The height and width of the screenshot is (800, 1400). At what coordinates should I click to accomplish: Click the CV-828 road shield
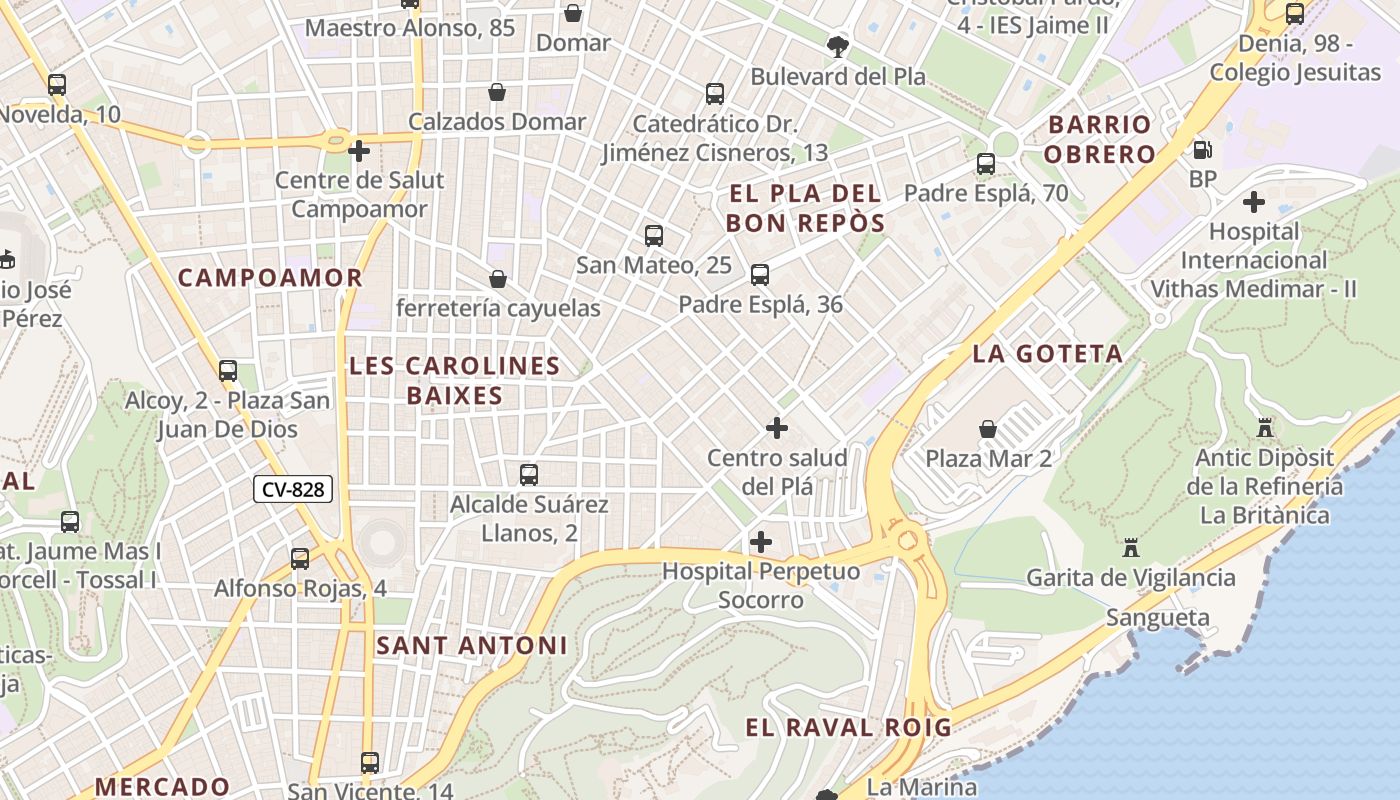click(292, 489)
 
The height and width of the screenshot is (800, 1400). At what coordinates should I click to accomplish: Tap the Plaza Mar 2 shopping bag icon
click(988, 429)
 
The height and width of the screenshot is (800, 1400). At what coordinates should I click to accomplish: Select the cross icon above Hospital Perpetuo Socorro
click(761, 542)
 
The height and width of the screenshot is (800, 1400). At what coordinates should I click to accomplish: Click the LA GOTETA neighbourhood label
click(1048, 354)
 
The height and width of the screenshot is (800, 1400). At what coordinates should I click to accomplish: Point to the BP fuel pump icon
click(1202, 150)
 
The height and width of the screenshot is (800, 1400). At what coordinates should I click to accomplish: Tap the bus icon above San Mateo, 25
click(654, 236)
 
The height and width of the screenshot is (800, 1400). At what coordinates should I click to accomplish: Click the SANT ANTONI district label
click(472, 646)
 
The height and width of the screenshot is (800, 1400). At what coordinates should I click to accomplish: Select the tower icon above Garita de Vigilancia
click(1131, 548)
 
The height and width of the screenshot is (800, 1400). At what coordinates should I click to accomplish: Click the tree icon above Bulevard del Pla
click(838, 46)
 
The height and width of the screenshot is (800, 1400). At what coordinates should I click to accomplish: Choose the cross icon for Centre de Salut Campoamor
click(359, 152)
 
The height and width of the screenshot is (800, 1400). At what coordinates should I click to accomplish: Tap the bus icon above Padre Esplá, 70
click(986, 164)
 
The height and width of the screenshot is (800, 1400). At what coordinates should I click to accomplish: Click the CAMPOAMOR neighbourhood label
click(270, 278)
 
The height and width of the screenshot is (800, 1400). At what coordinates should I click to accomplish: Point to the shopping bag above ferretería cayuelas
click(497, 279)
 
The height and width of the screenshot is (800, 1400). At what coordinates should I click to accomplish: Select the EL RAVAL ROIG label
click(849, 727)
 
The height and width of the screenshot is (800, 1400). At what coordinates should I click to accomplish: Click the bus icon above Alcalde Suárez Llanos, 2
click(529, 474)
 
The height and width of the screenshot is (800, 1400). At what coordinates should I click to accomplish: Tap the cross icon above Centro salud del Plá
click(777, 428)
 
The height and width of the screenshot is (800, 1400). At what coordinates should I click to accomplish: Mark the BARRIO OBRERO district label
click(1101, 139)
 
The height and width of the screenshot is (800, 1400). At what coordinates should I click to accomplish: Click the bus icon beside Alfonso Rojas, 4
click(300, 559)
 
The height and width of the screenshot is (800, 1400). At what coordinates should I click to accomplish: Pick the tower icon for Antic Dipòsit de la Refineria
click(1265, 428)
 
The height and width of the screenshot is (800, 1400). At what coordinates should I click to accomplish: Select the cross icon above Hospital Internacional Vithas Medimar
click(1254, 202)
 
